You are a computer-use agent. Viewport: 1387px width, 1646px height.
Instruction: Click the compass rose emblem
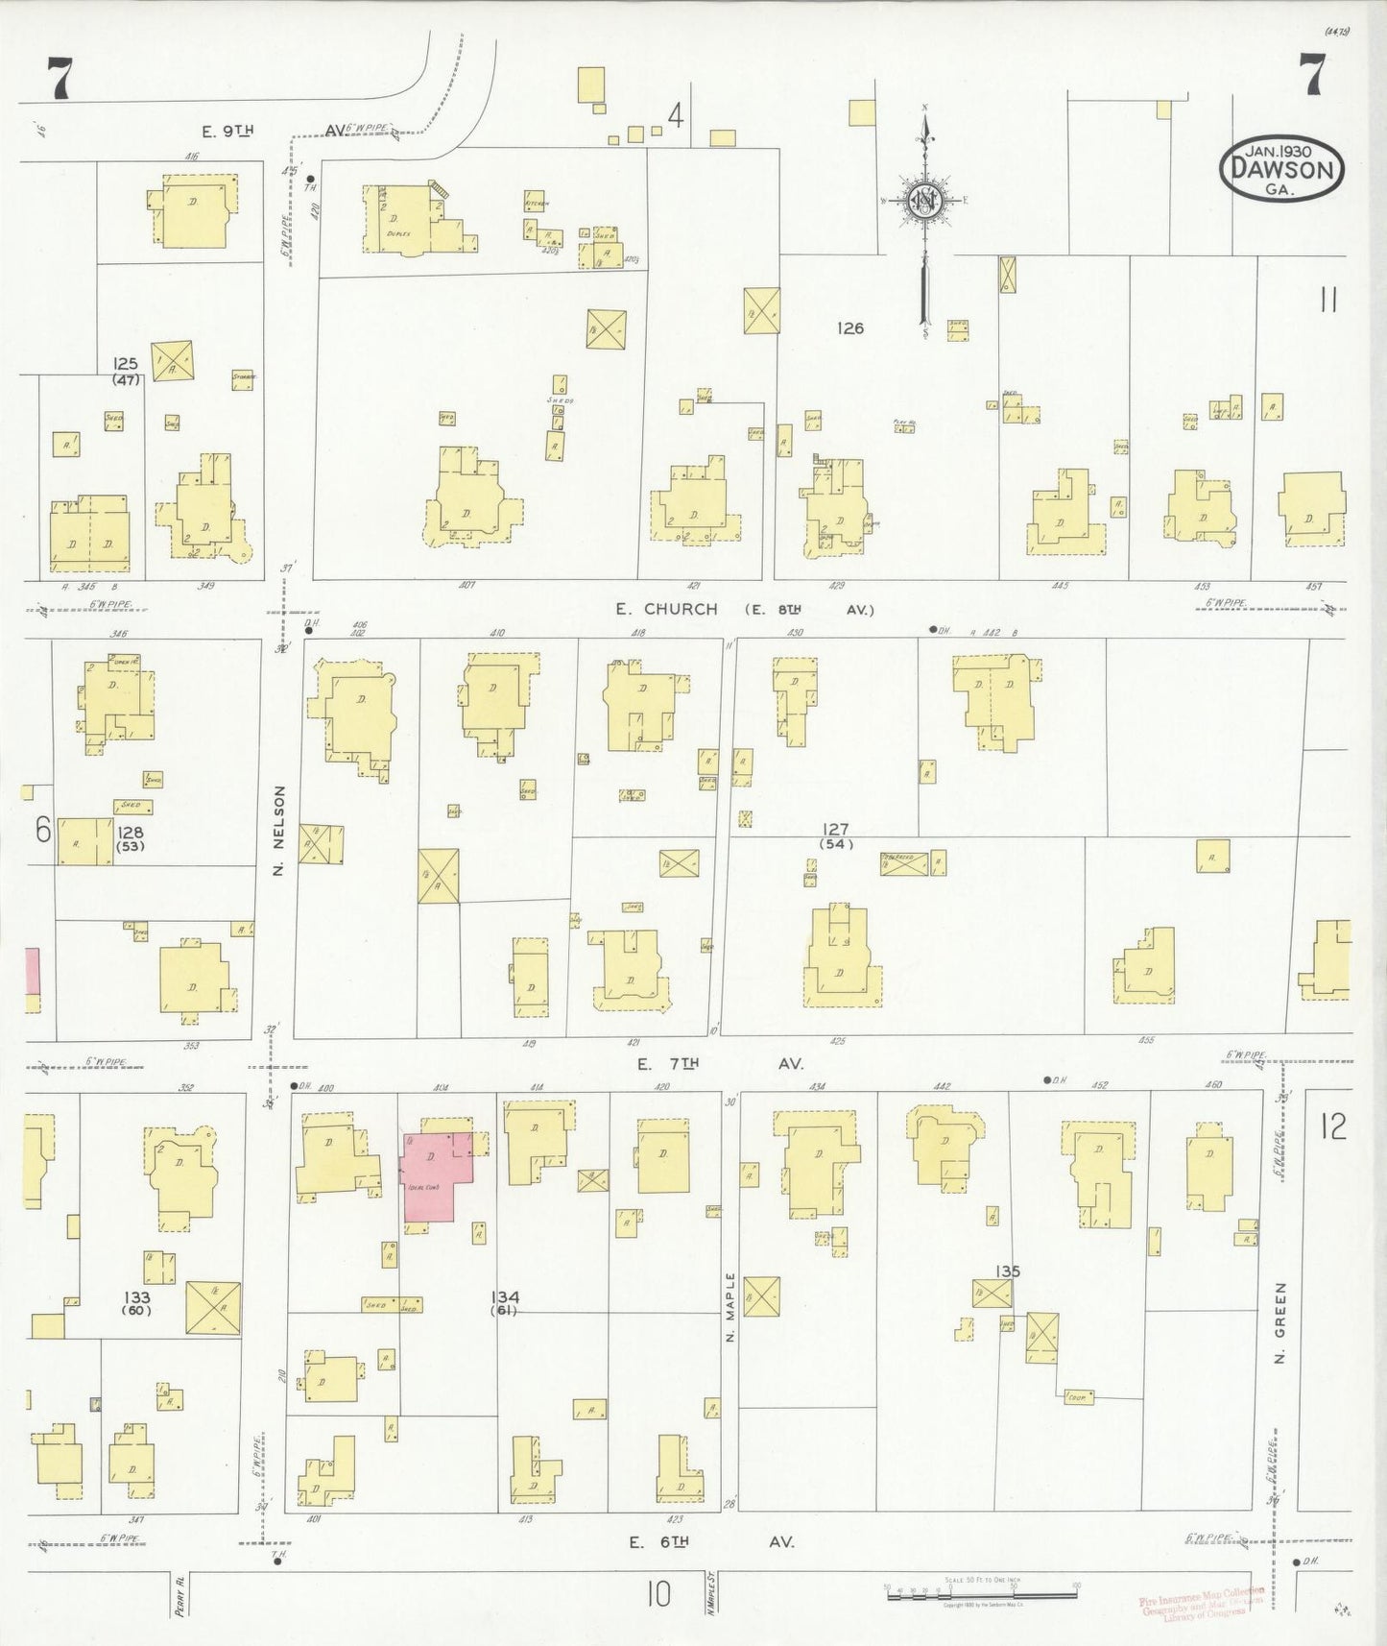[x=923, y=203]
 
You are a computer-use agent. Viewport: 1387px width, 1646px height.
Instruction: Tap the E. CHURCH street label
[x=667, y=609]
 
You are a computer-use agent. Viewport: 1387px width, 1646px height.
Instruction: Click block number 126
[x=849, y=328]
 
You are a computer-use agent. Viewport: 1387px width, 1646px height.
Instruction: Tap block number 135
[x=1007, y=1271]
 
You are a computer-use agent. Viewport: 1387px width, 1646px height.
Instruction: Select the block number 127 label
[x=835, y=829]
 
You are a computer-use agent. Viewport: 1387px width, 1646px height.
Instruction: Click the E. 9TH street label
[x=227, y=130]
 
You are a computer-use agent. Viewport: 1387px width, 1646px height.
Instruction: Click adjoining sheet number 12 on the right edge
[x=1332, y=1126]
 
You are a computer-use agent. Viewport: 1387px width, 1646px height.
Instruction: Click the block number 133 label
[x=137, y=1276]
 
